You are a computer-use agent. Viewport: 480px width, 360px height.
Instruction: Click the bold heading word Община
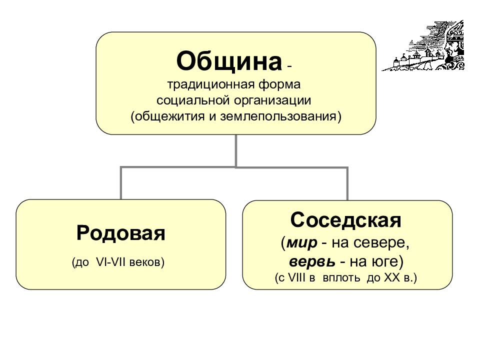pos(229,61)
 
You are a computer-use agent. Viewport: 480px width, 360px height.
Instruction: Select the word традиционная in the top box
pos(211,84)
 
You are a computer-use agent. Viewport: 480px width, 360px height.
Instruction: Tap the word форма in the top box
pos(279,84)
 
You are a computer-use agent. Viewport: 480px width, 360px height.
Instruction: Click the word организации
pos(273,101)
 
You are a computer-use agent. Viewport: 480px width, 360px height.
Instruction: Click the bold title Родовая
pos(121,233)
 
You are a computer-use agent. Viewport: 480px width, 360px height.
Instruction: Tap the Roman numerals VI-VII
pos(110,262)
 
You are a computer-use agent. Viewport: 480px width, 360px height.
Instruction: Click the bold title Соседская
pos(345,220)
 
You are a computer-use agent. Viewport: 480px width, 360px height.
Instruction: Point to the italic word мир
pos(302,243)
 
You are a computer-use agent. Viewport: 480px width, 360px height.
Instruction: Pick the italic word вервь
pos(312,261)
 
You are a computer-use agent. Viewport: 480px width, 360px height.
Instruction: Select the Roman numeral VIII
pos(297,277)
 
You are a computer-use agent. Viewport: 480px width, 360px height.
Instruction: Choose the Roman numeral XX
pos(392,277)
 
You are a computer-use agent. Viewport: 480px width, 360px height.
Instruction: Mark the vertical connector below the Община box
pos(236,150)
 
